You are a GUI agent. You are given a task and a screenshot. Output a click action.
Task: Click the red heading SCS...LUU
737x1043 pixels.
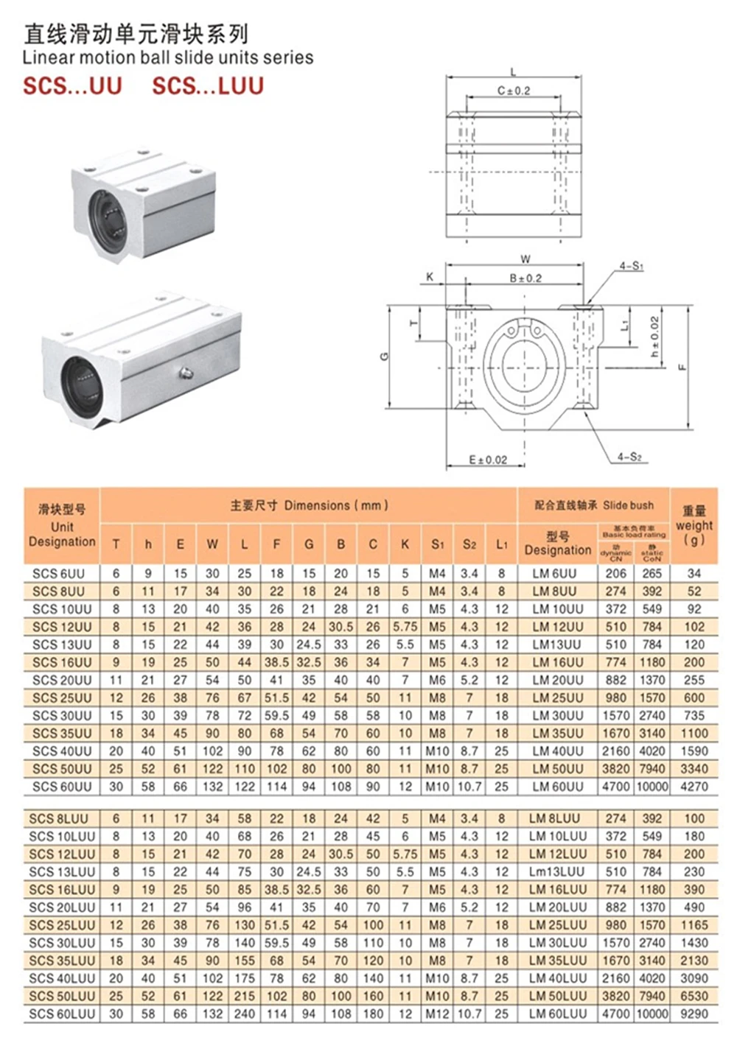[x=208, y=86]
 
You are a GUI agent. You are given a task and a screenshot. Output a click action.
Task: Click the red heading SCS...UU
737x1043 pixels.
[x=72, y=86]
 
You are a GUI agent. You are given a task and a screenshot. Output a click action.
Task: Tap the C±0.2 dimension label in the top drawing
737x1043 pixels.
[x=513, y=91]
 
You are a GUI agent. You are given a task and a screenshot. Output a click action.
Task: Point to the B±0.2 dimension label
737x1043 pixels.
[x=525, y=278]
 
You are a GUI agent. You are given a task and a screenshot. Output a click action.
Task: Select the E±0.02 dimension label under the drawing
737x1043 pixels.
[x=488, y=460]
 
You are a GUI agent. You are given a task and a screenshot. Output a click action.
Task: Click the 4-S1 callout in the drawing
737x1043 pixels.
[x=631, y=265]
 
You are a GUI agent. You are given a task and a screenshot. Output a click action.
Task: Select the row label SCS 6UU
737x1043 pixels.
[x=59, y=573]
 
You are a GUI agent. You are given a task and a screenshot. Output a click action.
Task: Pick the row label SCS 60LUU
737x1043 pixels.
[x=62, y=1014]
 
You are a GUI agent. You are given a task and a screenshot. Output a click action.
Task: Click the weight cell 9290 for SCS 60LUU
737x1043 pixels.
[x=694, y=1014]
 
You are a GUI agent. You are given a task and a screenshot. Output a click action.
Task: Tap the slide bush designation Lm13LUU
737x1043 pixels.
[x=558, y=871]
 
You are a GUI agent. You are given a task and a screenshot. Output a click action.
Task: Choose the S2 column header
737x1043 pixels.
[x=469, y=544]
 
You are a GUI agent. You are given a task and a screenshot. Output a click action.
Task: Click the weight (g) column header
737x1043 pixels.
[x=694, y=525]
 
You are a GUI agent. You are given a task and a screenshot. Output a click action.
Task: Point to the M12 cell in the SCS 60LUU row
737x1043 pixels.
[x=437, y=1014]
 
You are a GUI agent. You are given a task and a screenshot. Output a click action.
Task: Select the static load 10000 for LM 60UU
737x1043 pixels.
[x=652, y=786]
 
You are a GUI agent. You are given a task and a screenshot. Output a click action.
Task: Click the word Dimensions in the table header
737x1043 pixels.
[x=317, y=505]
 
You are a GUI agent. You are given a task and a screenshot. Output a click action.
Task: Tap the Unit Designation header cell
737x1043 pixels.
[x=62, y=526]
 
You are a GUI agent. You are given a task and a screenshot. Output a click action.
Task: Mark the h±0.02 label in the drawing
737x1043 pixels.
[x=654, y=337]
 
